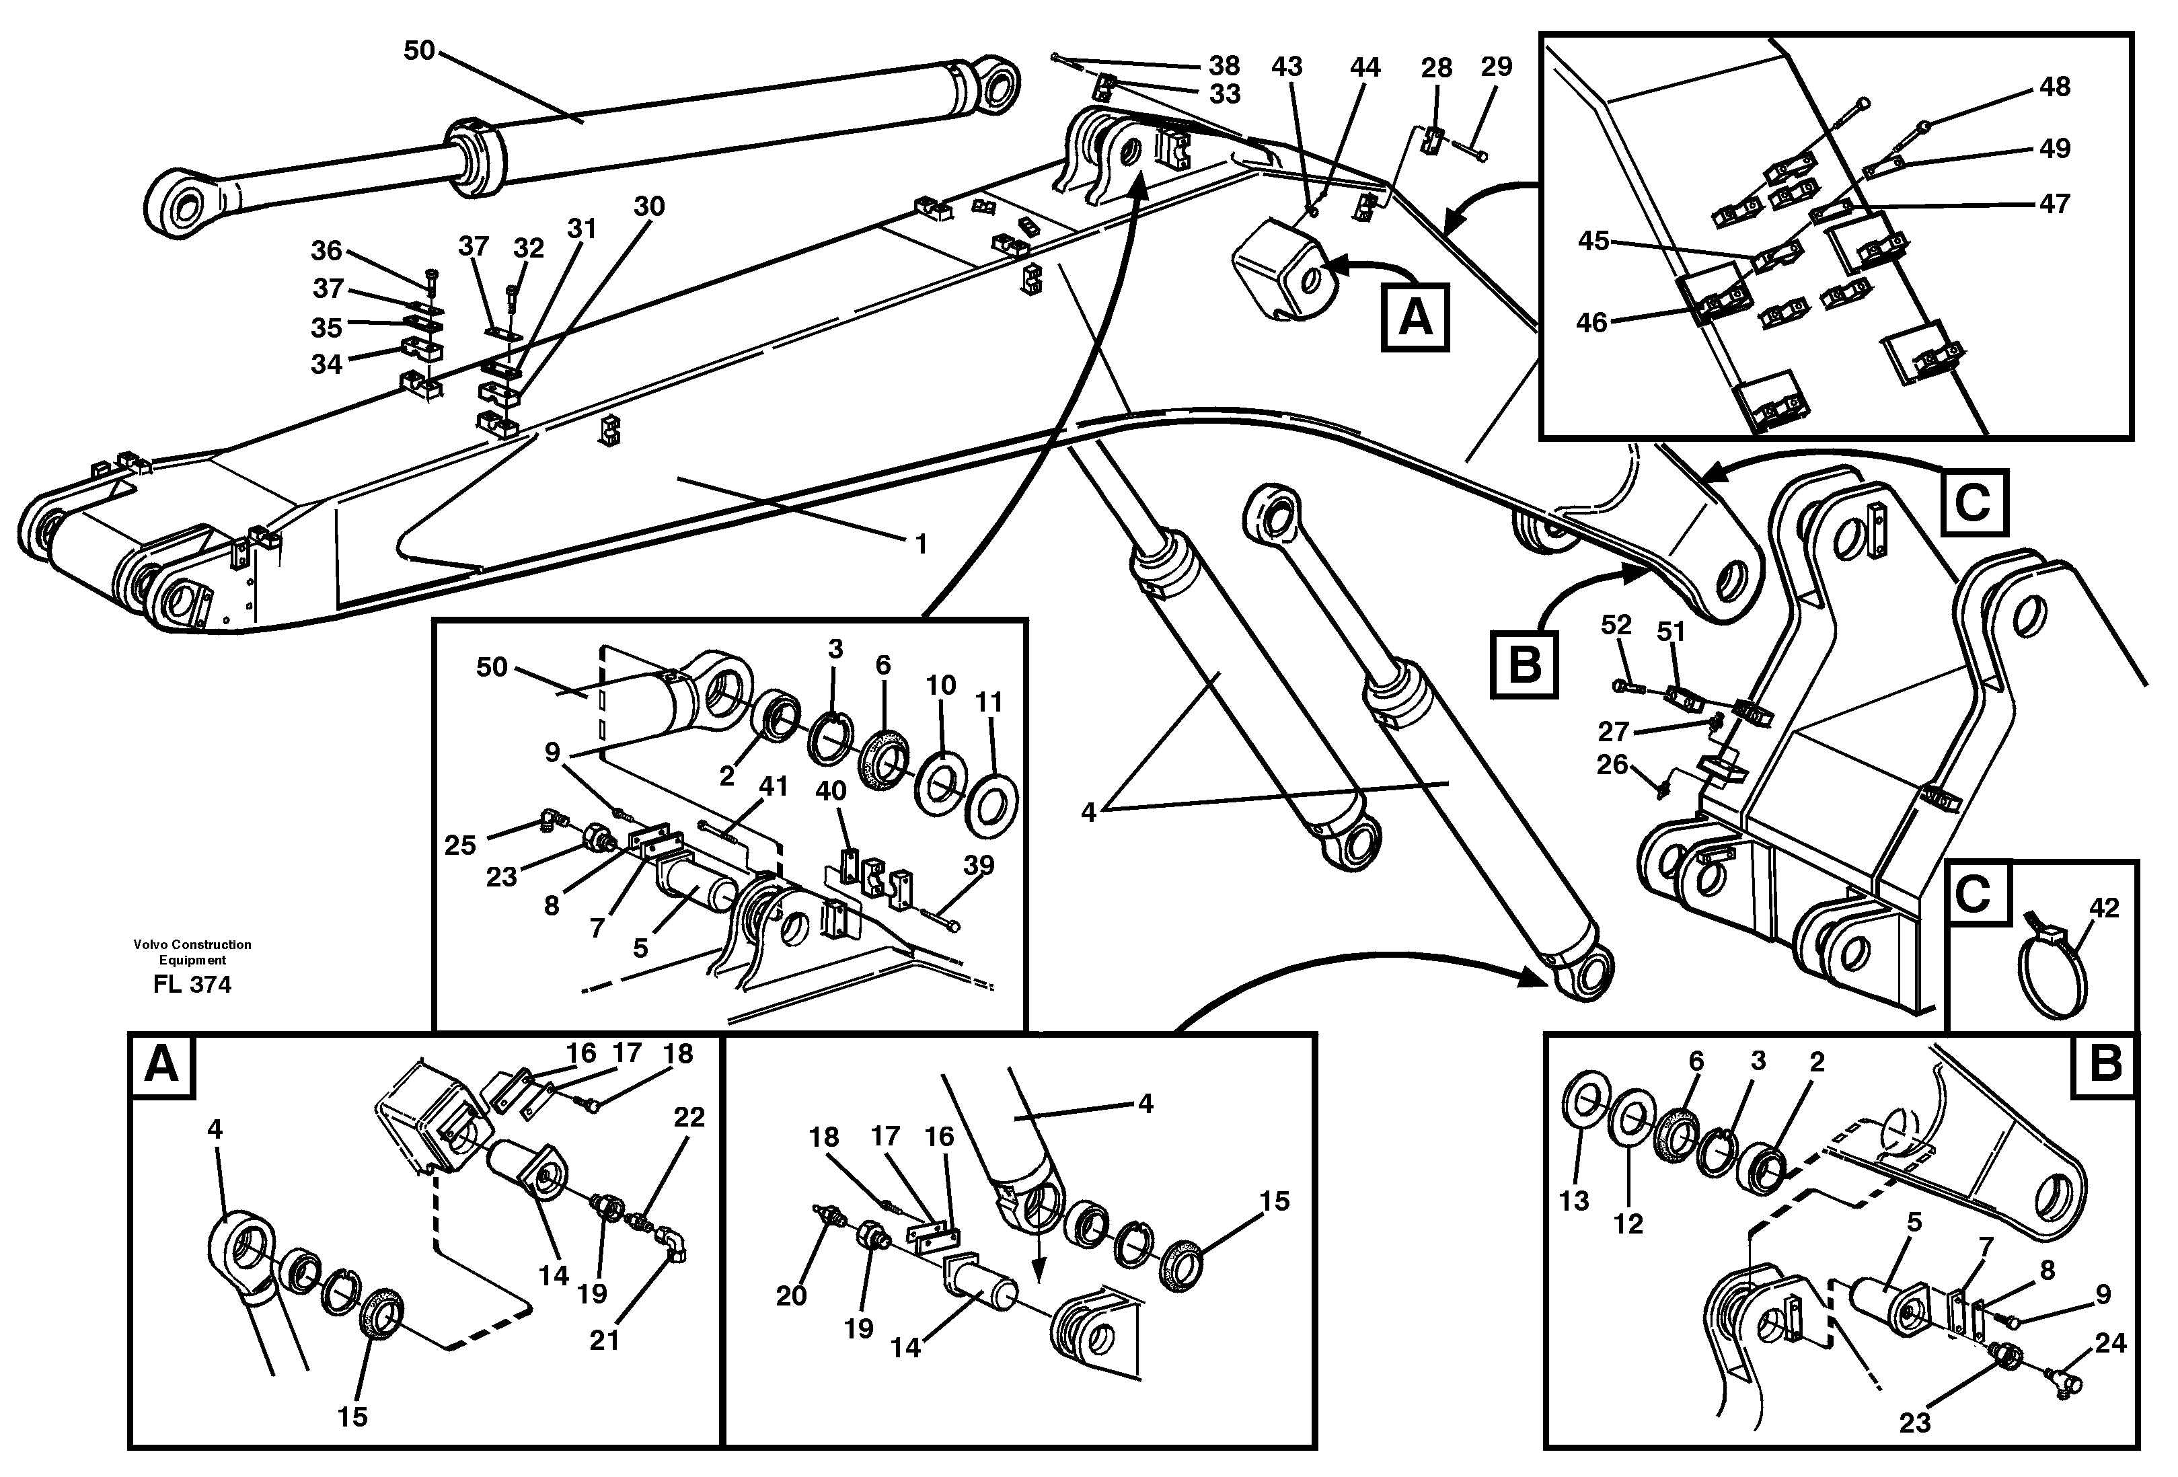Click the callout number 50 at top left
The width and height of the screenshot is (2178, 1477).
point(419,50)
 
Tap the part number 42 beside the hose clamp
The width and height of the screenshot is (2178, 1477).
point(2104,907)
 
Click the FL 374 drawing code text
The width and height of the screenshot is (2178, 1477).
point(192,984)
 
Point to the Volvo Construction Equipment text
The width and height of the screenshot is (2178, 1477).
point(192,951)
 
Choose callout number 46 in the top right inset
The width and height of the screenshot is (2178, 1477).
point(1592,322)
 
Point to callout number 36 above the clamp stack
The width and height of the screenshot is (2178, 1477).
point(326,250)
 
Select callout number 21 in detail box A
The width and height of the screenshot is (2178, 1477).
point(605,1340)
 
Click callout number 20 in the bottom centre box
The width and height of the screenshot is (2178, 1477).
point(791,1295)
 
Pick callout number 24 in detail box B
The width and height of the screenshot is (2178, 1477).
point(2111,1343)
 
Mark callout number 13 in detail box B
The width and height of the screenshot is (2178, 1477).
point(1575,1201)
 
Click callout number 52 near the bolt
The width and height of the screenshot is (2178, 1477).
point(1616,624)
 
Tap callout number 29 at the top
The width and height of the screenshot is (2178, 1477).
point(1497,67)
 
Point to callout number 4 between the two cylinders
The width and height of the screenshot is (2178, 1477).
point(1088,812)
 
